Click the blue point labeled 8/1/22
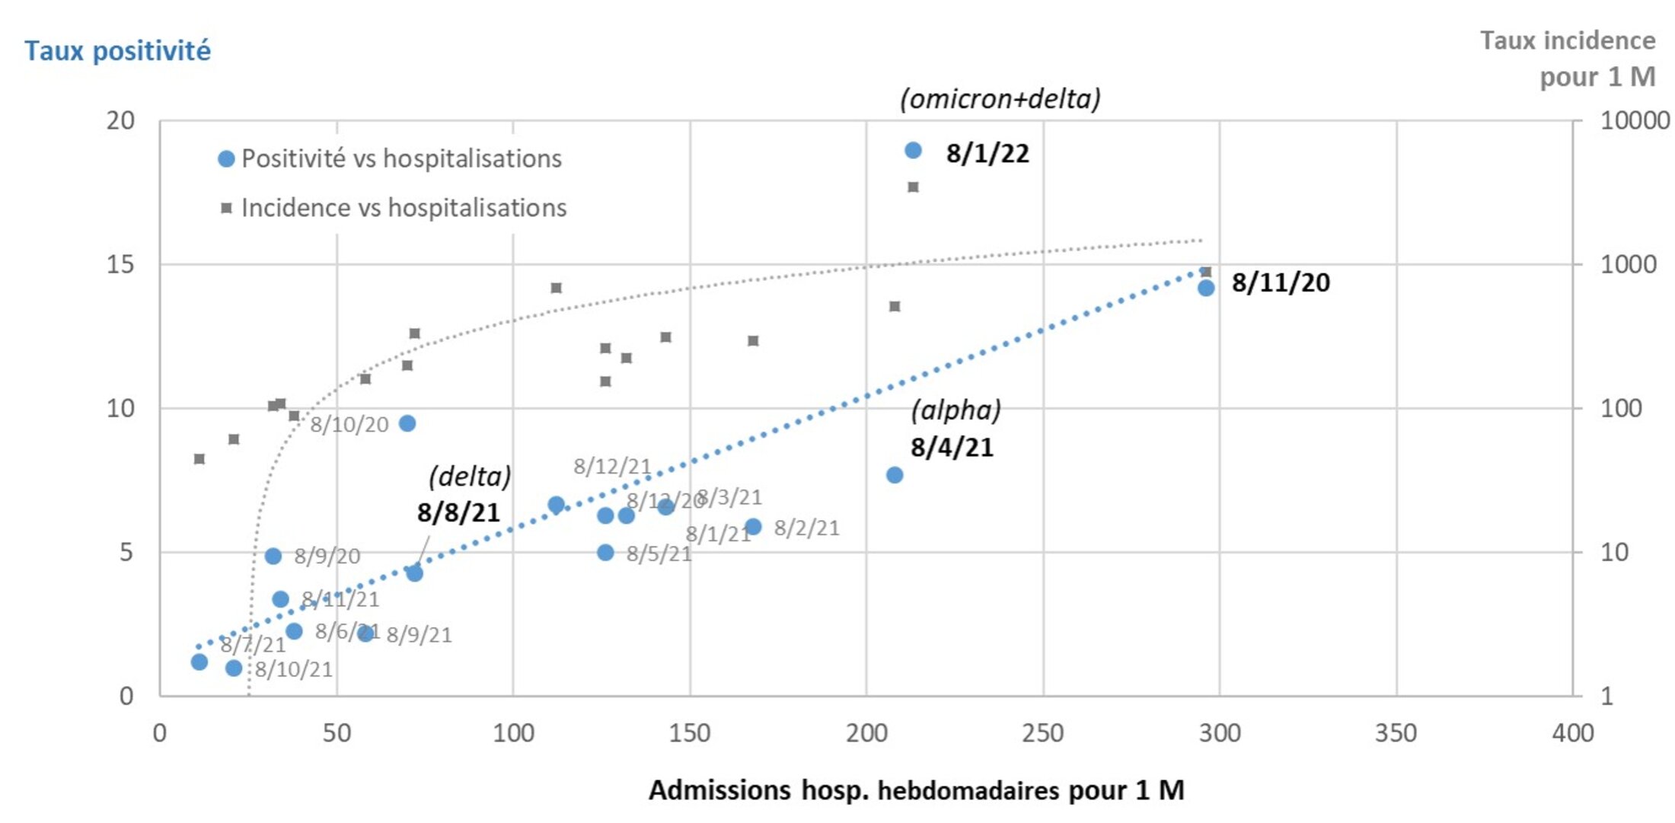(x=913, y=151)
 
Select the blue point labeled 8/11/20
(x=1206, y=288)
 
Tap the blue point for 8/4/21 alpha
(x=895, y=475)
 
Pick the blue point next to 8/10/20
(x=407, y=423)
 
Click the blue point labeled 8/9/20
(x=273, y=557)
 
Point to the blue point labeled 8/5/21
(x=605, y=553)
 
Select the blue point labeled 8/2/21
(x=753, y=527)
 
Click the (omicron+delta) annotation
(x=1000, y=99)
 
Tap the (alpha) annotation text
(x=956, y=410)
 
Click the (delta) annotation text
(x=469, y=477)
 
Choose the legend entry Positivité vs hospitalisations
(x=401, y=158)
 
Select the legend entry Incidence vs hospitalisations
(x=404, y=208)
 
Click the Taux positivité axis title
(x=117, y=50)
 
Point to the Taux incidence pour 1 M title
(x=1568, y=59)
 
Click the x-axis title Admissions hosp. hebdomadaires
(x=916, y=790)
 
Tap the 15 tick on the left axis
(x=120, y=264)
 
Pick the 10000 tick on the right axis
(x=1635, y=120)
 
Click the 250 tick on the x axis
(x=1042, y=733)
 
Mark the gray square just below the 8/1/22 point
(x=913, y=187)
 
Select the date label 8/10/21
(x=293, y=669)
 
